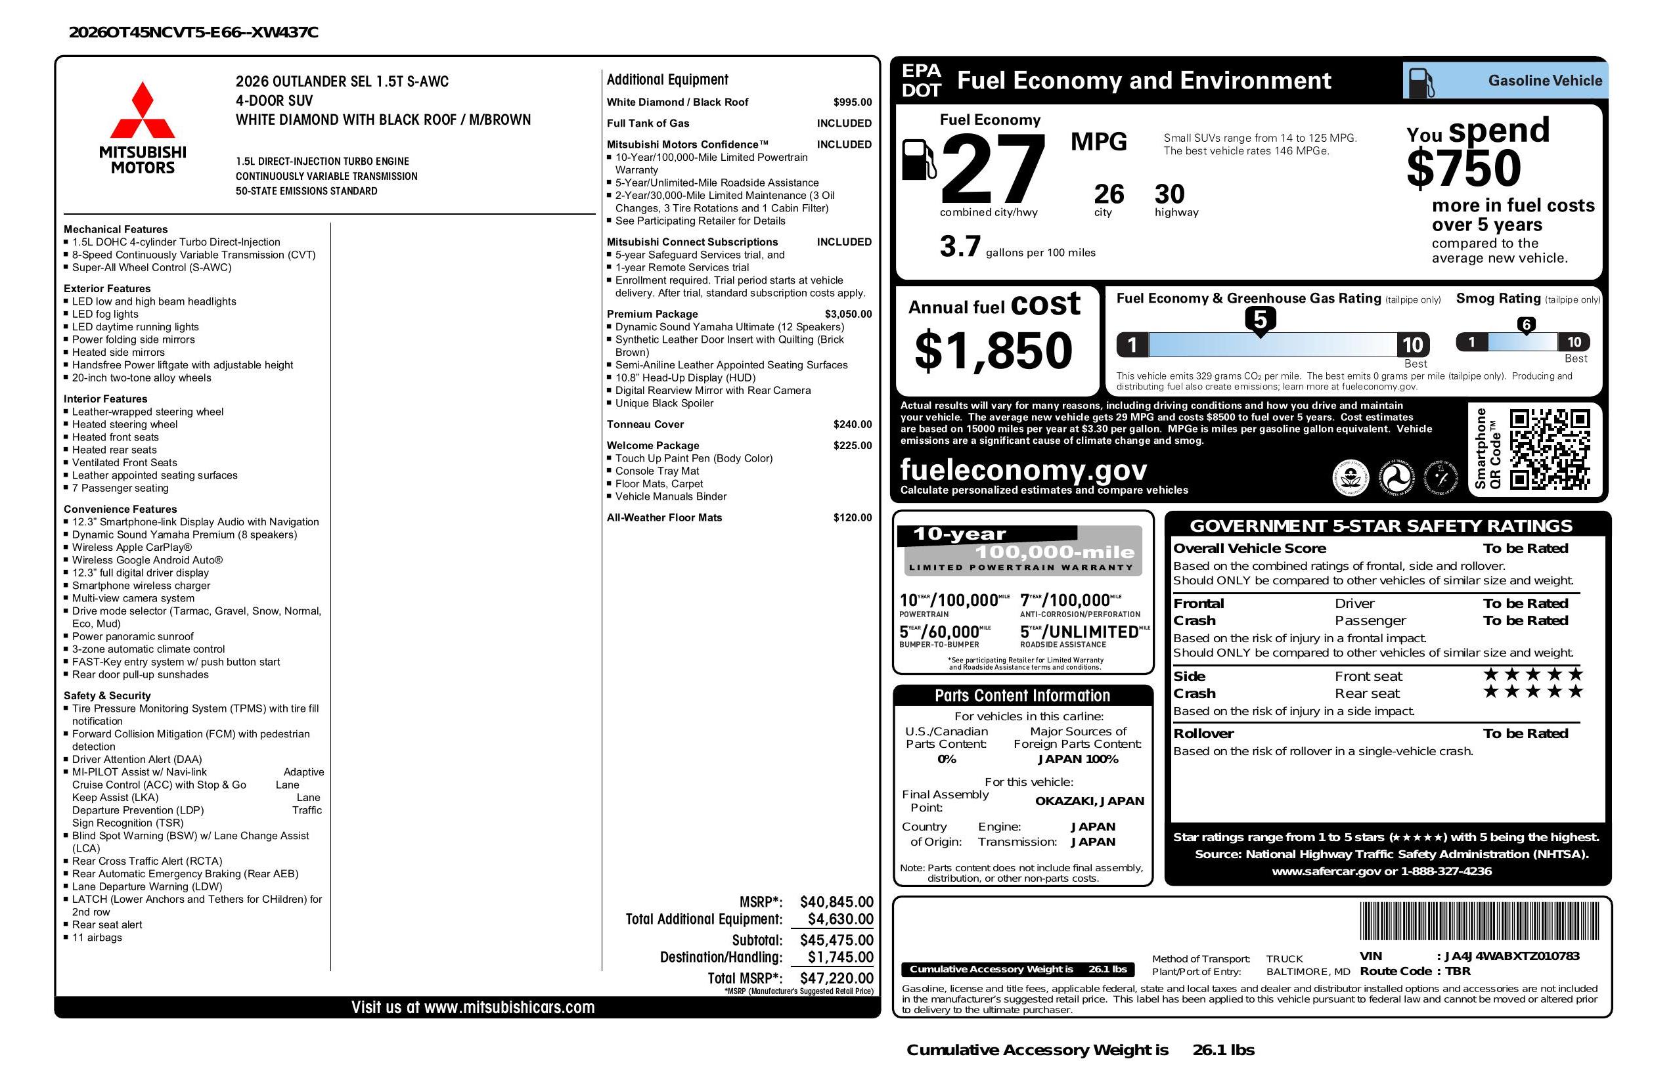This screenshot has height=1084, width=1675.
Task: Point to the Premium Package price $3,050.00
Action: pyautogui.click(x=848, y=314)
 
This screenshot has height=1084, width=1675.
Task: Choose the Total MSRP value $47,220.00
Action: pyautogui.click(x=836, y=978)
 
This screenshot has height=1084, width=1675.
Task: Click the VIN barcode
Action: pyautogui.click(x=1479, y=922)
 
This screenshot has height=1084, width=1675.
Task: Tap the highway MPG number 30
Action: pyautogui.click(x=1170, y=194)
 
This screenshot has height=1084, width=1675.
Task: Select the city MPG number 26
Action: pyautogui.click(x=1109, y=194)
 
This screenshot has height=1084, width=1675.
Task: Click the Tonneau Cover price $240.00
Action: pyautogui.click(x=853, y=424)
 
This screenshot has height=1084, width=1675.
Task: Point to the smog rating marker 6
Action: pyautogui.click(x=1526, y=325)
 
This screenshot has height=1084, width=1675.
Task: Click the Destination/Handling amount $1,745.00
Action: pyautogui.click(x=839, y=957)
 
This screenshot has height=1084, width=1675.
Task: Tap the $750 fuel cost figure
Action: pyautogui.click(x=1463, y=168)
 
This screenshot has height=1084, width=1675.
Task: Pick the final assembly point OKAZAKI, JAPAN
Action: pyautogui.click(x=1089, y=800)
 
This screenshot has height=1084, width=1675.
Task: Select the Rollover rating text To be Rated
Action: pyautogui.click(x=1525, y=733)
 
